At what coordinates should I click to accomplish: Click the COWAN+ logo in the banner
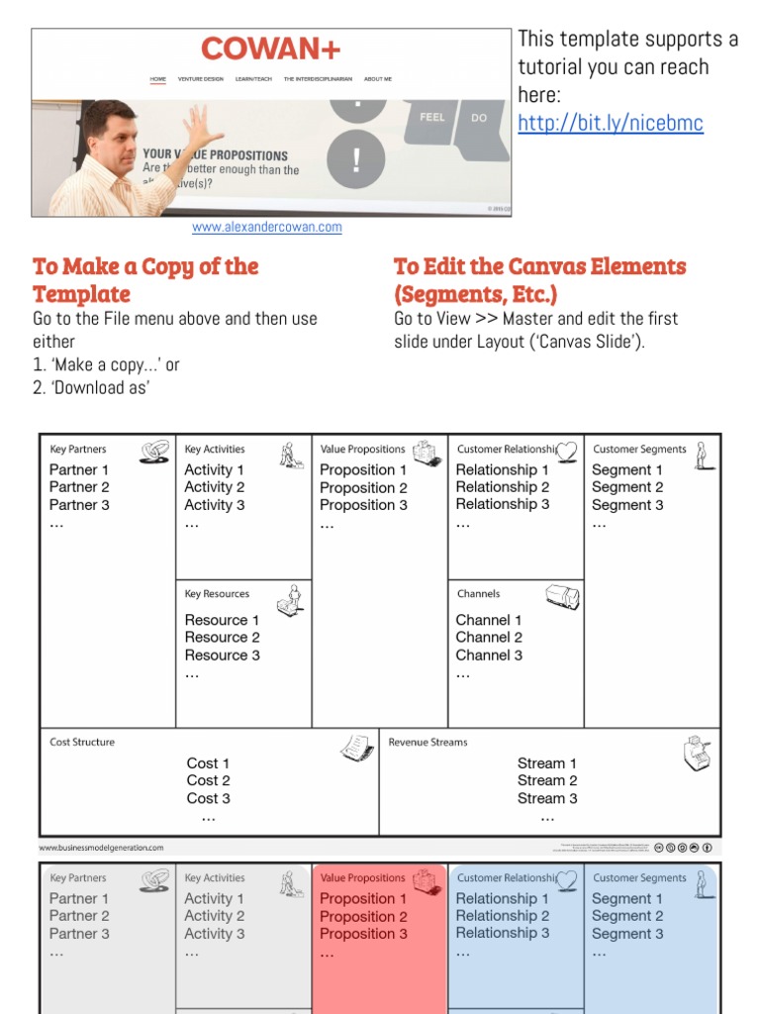click(x=270, y=49)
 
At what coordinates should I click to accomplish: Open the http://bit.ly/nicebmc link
click(x=611, y=123)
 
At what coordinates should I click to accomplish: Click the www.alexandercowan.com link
click(x=267, y=227)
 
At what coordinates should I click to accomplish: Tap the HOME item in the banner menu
click(x=158, y=78)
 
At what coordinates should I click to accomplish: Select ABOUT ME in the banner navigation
click(x=378, y=78)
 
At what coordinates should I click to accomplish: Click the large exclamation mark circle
click(x=356, y=158)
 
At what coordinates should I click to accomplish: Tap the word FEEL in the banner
click(x=432, y=117)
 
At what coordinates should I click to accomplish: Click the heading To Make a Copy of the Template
click(x=145, y=280)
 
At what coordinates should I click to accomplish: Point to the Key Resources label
click(x=217, y=594)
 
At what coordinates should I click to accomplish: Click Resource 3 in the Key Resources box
click(x=223, y=655)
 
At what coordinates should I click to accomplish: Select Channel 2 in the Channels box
click(x=489, y=637)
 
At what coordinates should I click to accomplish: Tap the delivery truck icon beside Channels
click(x=562, y=596)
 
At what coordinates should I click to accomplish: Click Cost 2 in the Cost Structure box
click(x=208, y=780)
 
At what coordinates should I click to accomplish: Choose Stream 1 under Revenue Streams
click(x=547, y=762)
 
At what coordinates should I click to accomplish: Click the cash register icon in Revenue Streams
click(x=698, y=755)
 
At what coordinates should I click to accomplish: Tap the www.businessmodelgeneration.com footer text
click(x=102, y=848)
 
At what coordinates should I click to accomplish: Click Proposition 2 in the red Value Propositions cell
click(x=363, y=916)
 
